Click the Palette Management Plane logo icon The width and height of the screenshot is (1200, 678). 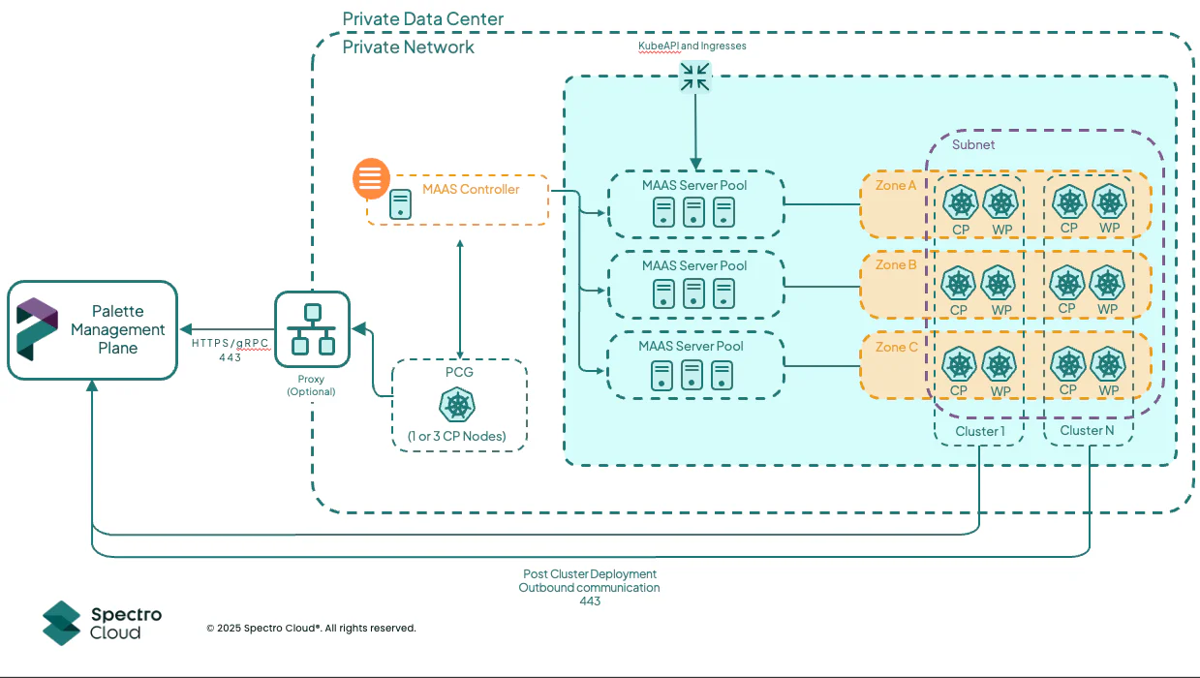(38, 329)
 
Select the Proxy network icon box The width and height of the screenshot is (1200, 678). (312, 328)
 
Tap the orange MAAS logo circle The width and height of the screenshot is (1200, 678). (372, 178)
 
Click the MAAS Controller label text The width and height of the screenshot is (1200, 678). (471, 189)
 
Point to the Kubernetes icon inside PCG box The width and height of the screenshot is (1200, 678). (458, 405)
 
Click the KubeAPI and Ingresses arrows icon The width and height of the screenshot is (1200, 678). (694, 77)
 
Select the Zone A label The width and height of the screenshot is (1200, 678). (896, 185)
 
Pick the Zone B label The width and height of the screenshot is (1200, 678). (896, 264)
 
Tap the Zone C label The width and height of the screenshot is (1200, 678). (896, 347)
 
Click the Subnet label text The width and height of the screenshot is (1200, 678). (973, 144)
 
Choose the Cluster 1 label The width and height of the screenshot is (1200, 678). (980, 430)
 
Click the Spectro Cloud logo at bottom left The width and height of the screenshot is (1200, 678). (102, 623)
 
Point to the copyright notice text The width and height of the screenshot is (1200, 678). (311, 628)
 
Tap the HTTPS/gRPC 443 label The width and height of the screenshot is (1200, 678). (230, 350)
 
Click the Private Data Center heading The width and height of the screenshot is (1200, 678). (422, 19)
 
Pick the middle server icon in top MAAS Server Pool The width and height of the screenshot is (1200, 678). (693, 211)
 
